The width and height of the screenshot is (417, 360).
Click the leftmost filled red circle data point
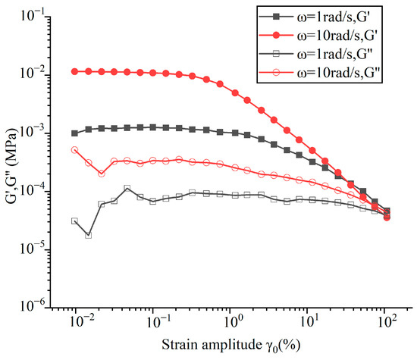tap(74, 71)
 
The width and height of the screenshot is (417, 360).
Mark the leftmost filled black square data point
tap(74, 133)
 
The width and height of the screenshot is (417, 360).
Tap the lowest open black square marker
tap(88, 235)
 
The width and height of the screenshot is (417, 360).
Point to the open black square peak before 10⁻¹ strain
tap(127, 189)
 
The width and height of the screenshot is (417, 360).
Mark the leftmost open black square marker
tap(74, 221)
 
